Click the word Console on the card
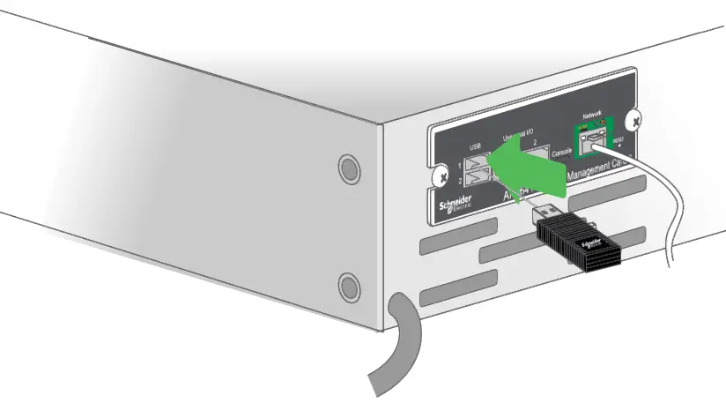[x=562, y=153]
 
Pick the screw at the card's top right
[x=637, y=119]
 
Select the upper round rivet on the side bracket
[x=348, y=168]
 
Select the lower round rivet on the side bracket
[x=350, y=286]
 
